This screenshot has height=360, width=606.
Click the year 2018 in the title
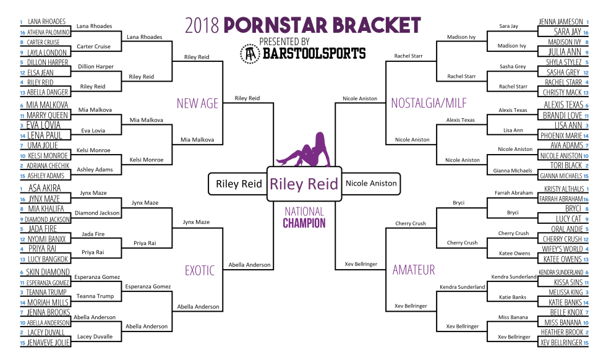coord(202,25)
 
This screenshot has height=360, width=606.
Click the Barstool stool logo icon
coord(250,54)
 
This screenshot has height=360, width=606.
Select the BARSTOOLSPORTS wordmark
coord(314,53)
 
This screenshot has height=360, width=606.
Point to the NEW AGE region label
coord(197,103)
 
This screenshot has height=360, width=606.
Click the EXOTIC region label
coord(199,270)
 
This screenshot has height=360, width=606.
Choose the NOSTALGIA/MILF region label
coord(429,103)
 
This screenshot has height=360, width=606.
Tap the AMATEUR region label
coord(414,270)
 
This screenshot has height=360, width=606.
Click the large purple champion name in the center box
coord(304,184)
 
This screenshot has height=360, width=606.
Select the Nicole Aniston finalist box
coord(371,183)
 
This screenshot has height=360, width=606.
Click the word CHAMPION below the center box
coord(304,223)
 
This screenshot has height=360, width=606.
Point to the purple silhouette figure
coord(304,149)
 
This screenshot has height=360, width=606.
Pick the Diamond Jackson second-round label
coord(97,213)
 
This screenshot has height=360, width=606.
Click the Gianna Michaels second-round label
coord(513,171)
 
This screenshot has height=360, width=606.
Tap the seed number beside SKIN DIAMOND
coord(22,273)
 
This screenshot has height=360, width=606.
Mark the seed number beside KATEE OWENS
coord(586,260)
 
